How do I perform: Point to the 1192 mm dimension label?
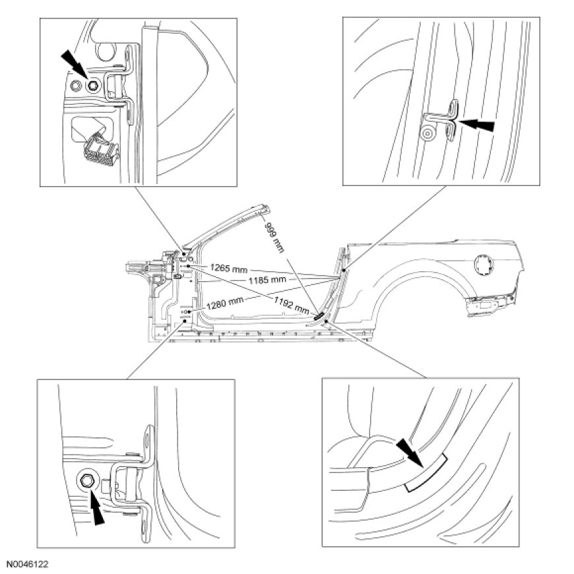click(x=291, y=304)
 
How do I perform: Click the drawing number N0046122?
click(x=27, y=565)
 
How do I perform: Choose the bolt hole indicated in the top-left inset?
click(x=91, y=85)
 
